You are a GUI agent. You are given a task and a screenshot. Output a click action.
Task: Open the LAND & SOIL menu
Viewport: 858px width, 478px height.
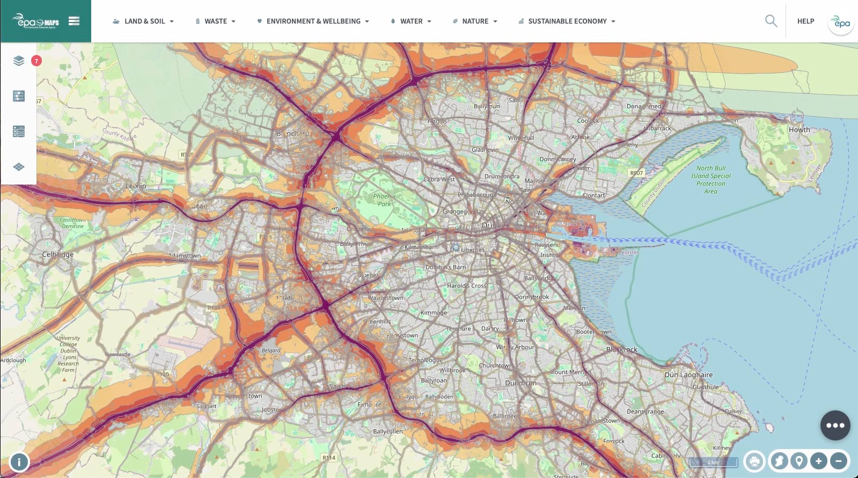pyautogui.click(x=143, y=21)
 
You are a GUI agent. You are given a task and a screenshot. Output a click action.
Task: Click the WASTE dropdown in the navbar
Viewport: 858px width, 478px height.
pyautogui.click(x=215, y=21)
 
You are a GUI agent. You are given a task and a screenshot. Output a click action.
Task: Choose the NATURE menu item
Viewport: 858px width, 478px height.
pyautogui.click(x=475, y=21)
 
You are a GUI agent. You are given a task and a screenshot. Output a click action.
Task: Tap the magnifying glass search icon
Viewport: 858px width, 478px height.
pyautogui.click(x=771, y=21)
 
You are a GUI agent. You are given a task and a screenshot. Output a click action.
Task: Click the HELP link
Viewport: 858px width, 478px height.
pyautogui.click(x=805, y=21)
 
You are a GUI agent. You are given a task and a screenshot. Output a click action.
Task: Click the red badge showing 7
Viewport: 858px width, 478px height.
pyautogui.click(x=36, y=61)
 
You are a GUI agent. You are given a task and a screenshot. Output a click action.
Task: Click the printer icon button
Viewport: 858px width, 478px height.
pyautogui.click(x=754, y=461)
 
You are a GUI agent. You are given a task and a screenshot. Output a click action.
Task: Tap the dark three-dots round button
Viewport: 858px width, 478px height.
pyautogui.click(x=835, y=425)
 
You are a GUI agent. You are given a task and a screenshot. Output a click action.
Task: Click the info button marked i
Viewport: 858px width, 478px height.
pyautogui.click(x=19, y=462)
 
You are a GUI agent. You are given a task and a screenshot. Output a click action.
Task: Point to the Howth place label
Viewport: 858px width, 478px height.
pyautogui.click(x=799, y=130)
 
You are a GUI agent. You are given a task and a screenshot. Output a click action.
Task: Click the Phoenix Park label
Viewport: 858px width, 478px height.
pyautogui.click(x=384, y=200)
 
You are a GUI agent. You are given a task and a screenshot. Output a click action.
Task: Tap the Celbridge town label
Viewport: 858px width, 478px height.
pyautogui.click(x=58, y=254)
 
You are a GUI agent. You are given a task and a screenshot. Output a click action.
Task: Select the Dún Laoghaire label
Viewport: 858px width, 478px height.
pyautogui.click(x=688, y=375)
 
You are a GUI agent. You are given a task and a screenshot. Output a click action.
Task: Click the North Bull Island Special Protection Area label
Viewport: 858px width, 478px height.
pyautogui.click(x=710, y=180)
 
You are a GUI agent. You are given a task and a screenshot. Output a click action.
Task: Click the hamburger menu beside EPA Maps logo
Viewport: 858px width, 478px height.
pyautogui.click(x=74, y=21)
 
